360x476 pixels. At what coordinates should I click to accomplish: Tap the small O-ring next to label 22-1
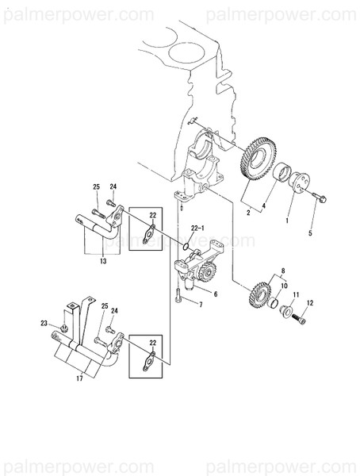tap(185, 247)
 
